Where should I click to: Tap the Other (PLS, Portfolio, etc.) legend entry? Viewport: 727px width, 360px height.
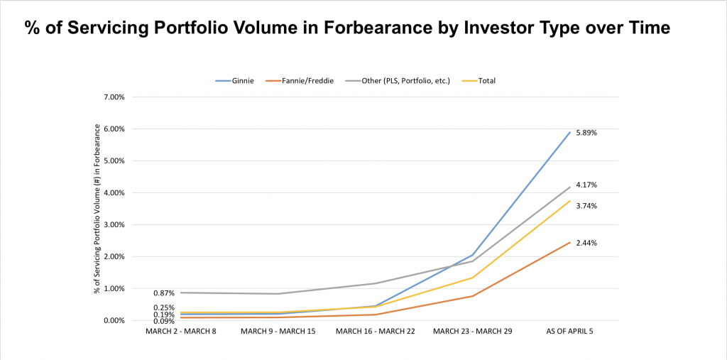click(x=398, y=81)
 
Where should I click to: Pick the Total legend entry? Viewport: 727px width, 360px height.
click(x=479, y=81)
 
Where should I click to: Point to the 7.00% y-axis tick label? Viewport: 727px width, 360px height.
click(x=116, y=97)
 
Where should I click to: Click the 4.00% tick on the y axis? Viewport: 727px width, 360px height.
click(x=116, y=192)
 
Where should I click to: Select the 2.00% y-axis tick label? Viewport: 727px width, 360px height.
click(x=116, y=256)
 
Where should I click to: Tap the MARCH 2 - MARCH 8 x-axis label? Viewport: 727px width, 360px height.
click(x=181, y=331)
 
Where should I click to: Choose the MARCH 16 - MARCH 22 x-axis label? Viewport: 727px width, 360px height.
click(x=376, y=331)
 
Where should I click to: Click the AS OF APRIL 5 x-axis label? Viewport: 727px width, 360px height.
click(x=570, y=331)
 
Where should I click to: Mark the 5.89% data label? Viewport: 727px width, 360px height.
click(x=586, y=133)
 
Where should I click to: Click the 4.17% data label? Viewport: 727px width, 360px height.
click(x=586, y=185)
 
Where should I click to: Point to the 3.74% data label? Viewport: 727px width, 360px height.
click(x=586, y=205)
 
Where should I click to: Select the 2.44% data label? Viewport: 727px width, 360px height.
click(x=586, y=243)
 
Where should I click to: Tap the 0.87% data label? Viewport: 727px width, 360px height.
click(x=164, y=293)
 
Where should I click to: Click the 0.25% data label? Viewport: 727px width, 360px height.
click(x=164, y=307)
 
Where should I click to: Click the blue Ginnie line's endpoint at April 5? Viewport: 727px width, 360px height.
click(x=570, y=132)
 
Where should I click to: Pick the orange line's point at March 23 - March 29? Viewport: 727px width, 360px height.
click(x=472, y=296)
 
